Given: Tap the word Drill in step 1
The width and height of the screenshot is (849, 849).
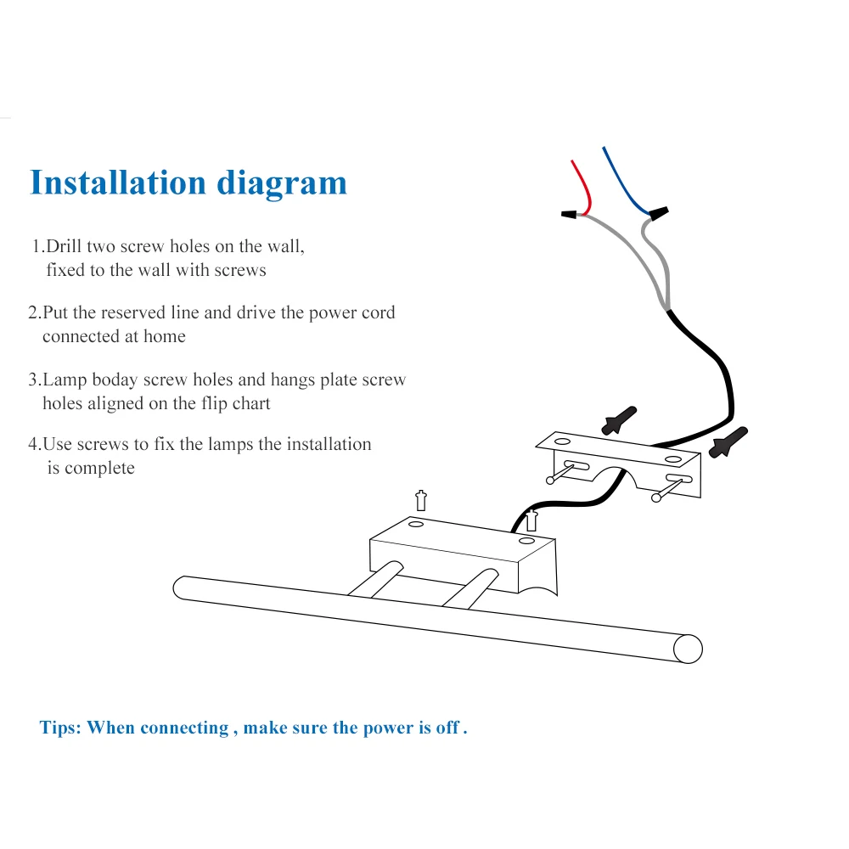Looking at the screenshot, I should (63, 247).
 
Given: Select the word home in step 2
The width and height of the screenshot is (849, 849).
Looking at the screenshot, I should (165, 336).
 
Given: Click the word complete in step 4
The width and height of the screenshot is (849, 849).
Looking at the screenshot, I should (99, 468).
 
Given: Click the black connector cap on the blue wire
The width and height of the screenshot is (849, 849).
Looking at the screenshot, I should (659, 211).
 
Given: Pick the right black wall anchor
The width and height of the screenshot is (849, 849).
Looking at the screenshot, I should (731, 441).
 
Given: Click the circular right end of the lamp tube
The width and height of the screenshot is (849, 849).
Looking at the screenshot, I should (688, 649).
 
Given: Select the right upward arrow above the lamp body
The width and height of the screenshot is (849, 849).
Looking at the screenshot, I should (532, 519).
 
